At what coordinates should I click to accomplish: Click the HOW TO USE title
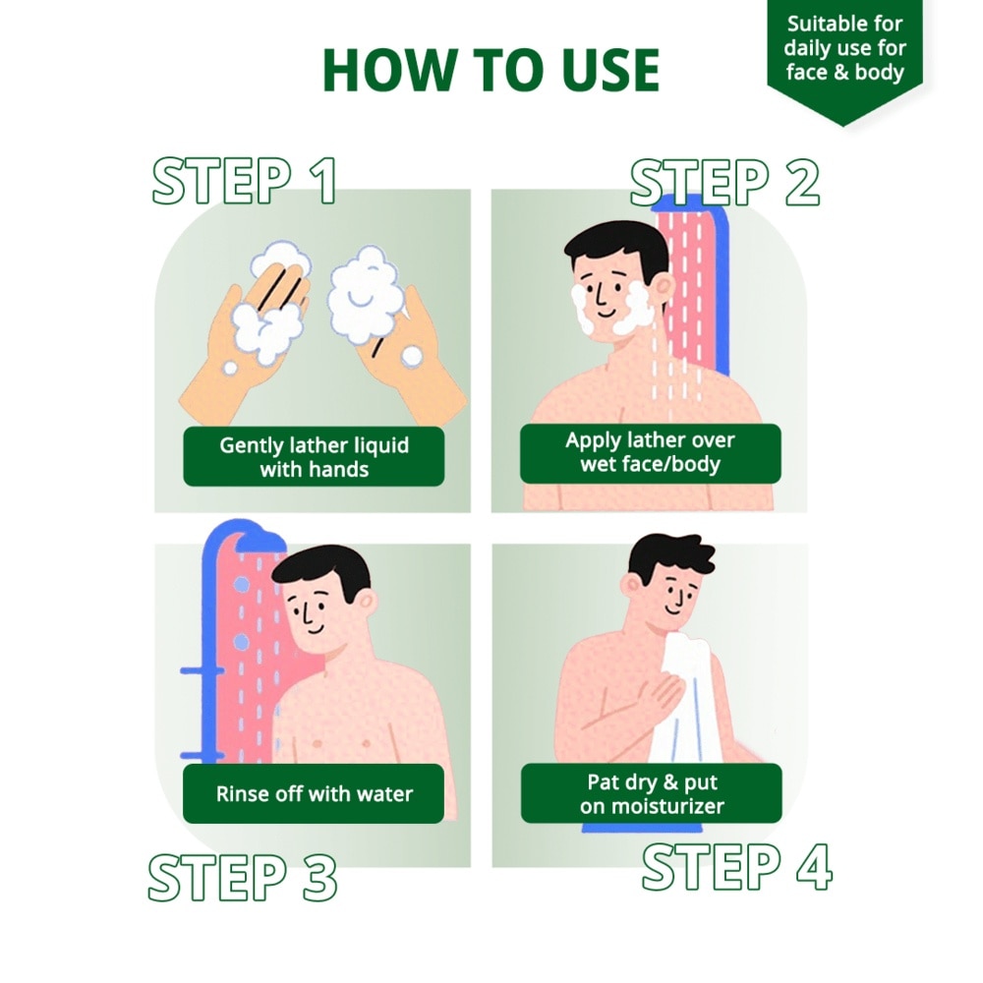491,70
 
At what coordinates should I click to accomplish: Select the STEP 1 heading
245,181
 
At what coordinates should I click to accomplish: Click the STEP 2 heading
724,182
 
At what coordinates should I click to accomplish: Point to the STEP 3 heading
243,877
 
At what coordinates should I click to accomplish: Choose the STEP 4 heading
736,867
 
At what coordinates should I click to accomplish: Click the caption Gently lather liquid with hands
314,456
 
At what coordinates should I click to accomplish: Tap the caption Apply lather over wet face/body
650,452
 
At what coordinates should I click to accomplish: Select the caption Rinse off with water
314,793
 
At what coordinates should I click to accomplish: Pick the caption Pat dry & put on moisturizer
652,793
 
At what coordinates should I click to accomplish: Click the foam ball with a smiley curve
364,296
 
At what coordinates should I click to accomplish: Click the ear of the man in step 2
665,287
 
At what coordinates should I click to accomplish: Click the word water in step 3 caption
385,794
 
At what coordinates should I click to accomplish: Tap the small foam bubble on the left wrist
231,368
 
